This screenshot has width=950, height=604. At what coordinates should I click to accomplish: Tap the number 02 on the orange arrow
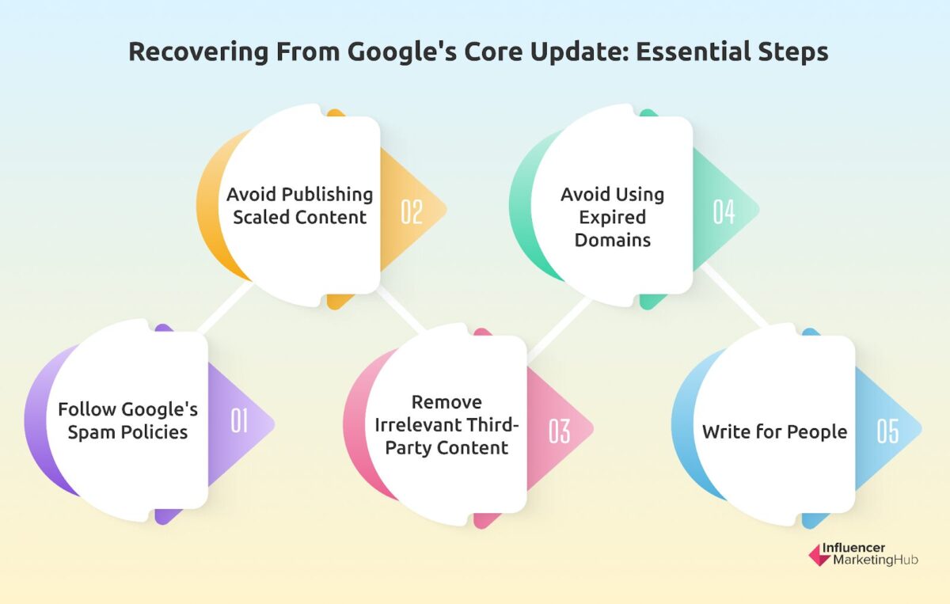pos(411,212)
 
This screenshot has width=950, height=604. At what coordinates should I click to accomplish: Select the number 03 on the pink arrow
pos(560,431)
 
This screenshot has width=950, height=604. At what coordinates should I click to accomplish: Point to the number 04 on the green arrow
pos(724,212)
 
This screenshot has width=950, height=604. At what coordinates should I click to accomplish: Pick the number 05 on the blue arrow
pos(887,431)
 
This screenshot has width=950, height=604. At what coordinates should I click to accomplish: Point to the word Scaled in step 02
pos(261,217)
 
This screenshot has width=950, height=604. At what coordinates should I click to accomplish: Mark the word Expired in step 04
pos(612,217)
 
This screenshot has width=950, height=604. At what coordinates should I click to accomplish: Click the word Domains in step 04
pos(612,240)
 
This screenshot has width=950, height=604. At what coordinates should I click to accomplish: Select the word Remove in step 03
pos(446,402)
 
